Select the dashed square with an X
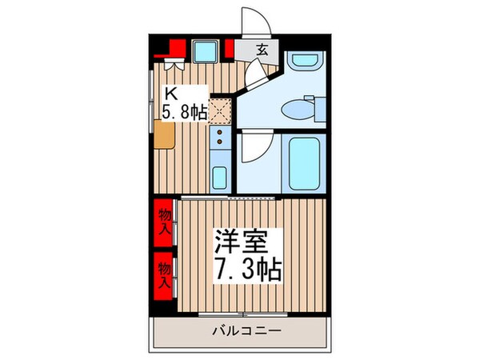219,111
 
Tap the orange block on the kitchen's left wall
164,138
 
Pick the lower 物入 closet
165,274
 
